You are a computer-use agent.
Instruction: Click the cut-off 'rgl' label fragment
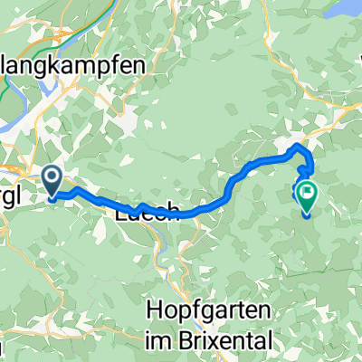13,193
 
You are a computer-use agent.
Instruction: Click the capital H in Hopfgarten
152,311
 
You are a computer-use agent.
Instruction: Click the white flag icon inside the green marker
307,191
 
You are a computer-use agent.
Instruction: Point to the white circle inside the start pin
52,176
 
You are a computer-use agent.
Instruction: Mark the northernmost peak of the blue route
298,148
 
